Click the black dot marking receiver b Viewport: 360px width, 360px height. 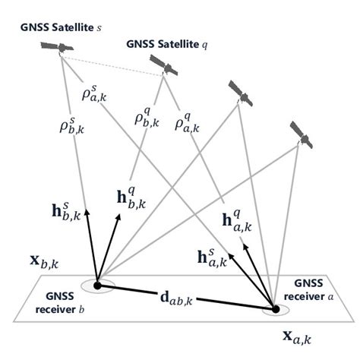click(x=96, y=286)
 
